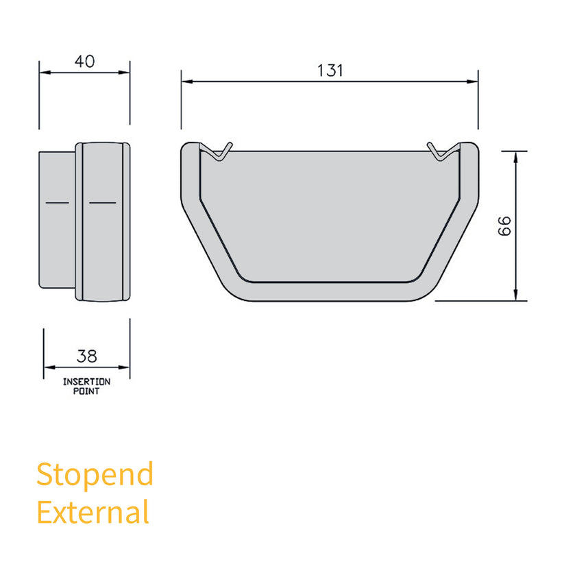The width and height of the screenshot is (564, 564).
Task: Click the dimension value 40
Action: (x=84, y=61)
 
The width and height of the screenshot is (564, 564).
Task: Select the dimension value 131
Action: (x=330, y=71)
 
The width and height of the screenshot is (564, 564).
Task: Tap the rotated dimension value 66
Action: (x=504, y=226)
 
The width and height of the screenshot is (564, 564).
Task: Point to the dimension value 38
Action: (x=87, y=356)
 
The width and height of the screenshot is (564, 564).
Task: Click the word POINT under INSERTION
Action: (x=86, y=391)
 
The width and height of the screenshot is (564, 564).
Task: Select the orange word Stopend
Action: (x=95, y=474)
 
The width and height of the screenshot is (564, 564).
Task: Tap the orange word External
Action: (x=93, y=512)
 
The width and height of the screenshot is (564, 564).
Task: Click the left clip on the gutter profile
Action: (x=219, y=151)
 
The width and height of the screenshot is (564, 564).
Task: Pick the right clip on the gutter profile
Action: (x=441, y=151)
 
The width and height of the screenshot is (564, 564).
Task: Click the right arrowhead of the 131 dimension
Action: (x=473, y=82)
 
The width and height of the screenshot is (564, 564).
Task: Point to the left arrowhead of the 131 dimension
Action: (x=186, y=82)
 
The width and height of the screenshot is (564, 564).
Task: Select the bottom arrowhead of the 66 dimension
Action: (x=515, y=295)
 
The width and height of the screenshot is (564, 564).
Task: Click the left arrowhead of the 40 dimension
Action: (x=44, y=71)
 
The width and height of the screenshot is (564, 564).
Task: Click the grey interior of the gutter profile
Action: (x=329, y=212)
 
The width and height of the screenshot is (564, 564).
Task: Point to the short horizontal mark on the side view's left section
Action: (x=56, y=204)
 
